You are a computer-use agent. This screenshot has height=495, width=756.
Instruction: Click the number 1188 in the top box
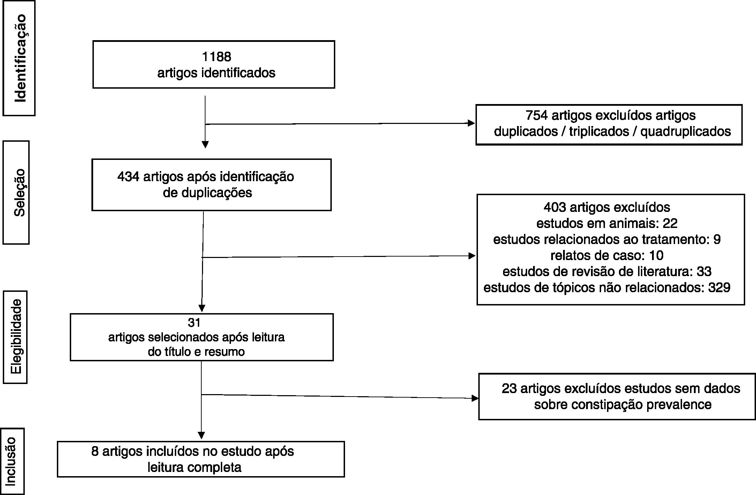click(216, 57)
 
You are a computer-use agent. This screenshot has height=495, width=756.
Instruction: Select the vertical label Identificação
click(20, 58)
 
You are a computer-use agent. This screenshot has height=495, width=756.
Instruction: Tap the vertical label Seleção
click(20, 193)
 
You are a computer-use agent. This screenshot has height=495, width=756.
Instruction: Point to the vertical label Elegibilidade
click(16, 337)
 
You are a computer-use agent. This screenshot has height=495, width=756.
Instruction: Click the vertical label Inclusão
click(11, 461)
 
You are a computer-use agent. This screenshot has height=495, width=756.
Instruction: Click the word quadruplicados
click(685, 132)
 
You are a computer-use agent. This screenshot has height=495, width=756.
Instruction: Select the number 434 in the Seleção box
click(128, 177)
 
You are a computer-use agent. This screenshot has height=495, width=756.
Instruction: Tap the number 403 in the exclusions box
click(555, 207)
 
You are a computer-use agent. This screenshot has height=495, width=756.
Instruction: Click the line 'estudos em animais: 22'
click(607, 223)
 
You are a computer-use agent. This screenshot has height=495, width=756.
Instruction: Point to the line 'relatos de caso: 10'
click(607, 256)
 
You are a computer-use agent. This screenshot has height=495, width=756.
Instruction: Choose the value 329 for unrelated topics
click(719, 288)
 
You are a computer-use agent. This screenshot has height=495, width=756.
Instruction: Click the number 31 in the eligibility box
click(194, 323)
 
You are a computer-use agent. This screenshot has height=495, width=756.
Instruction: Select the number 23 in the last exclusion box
click(509, 389)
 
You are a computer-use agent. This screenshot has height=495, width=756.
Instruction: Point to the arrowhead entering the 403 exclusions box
click(472, 256)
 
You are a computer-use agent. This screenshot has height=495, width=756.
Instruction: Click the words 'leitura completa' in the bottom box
click(194, 467)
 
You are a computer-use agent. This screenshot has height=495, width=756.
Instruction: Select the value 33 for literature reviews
click(704, 272)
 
